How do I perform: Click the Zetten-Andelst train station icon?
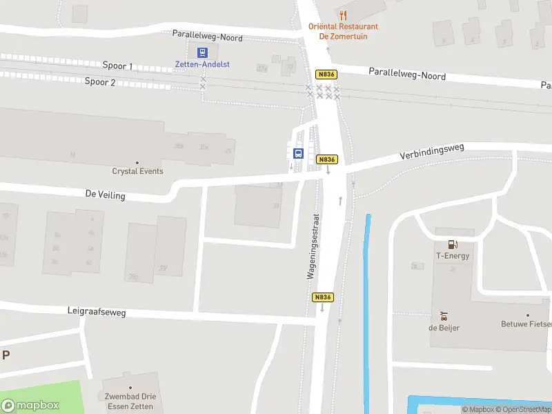[202, 52]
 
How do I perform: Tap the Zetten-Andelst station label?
[202, 64]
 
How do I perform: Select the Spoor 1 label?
[117, 66]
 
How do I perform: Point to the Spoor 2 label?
[100, 81]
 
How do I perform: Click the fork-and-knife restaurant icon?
[343, 15]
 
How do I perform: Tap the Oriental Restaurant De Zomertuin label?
[343, 31]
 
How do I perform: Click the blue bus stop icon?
[299, 153]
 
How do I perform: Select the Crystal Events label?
[138, 171]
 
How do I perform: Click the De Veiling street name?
[106, 195]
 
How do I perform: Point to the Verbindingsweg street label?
[433, 152]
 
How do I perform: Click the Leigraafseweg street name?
[97, 313]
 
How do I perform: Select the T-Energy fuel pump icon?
[453, 244]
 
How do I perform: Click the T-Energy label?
[453, 256]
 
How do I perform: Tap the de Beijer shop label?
[444, 327]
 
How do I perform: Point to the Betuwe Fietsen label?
[526, 324]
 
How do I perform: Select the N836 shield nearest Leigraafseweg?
[323, 297]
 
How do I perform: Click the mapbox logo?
[30, 406]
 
